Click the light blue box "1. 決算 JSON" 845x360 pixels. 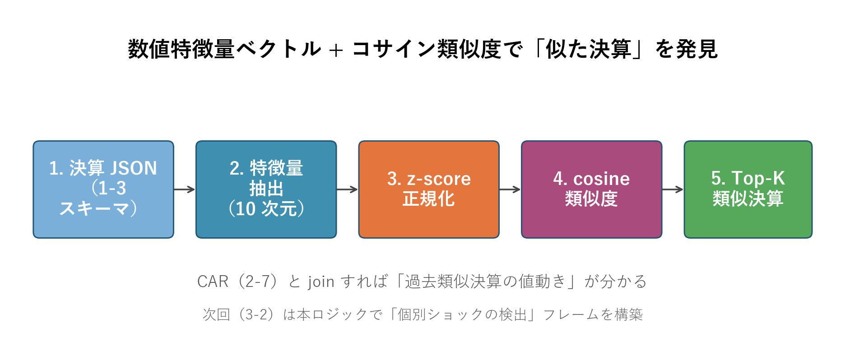(103, 189)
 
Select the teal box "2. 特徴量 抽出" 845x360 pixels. (266, 189)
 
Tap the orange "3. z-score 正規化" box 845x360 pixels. (429, 189)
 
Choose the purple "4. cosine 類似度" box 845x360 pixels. (592, 189)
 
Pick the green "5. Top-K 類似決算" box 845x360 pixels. (748, 189)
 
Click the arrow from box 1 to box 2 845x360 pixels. (185, 189)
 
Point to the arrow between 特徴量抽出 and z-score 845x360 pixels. (348, 189)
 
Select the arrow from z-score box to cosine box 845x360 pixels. (510, 189)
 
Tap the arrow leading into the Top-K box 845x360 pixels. (673, 189)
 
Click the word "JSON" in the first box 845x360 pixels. (134, 168)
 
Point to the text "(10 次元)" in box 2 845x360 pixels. (266, 208)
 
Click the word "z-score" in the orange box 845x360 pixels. (439, 179)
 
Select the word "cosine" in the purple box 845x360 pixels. (601, 179)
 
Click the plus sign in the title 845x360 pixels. (336, 50)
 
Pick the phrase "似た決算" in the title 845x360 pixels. (588, 49)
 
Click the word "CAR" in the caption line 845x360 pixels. (213, 282)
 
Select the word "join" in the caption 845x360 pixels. (321, 282)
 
